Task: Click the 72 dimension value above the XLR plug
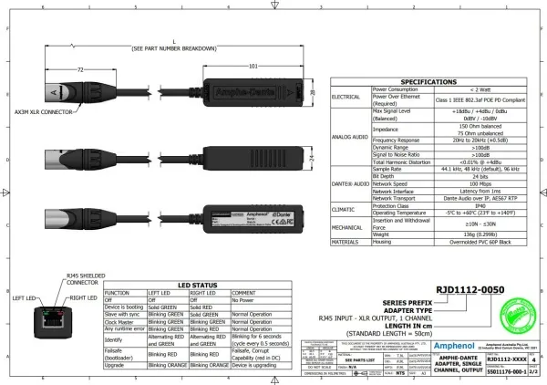click(80, 68)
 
